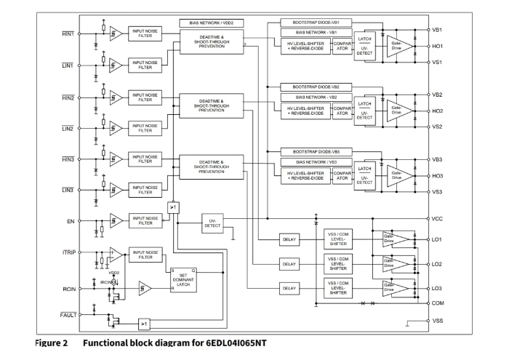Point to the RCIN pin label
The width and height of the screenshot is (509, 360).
[x=68, y=289]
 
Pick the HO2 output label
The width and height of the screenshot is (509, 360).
[x=437, y=111]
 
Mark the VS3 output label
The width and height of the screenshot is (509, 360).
[x=436, y=192]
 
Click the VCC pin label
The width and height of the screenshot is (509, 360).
[x=437, y=218]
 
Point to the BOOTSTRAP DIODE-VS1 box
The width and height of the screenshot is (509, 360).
[x=316, y=23]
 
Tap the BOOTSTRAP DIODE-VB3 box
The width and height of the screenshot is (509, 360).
[x=316, y=151]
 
